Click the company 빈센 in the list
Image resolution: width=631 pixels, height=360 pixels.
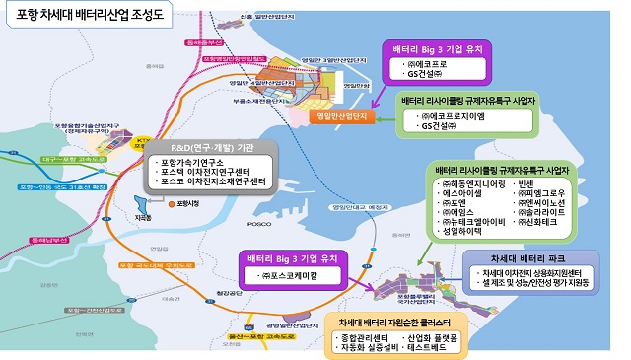538,183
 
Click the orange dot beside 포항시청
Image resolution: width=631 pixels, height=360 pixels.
169,203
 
